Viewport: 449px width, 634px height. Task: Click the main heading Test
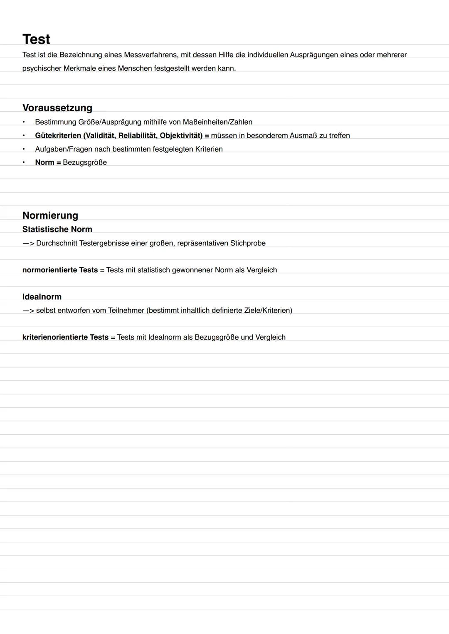36,39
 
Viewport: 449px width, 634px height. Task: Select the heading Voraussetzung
57,108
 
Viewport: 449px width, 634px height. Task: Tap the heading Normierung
50,215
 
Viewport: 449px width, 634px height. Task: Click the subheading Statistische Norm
57,229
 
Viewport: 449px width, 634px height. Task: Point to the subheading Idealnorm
42,297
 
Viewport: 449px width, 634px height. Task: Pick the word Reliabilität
137,136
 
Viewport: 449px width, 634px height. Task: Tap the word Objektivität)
181,136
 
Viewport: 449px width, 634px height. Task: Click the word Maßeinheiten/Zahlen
217,122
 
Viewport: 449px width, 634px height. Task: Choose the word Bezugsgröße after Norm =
85,162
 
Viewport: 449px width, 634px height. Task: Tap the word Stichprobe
248,243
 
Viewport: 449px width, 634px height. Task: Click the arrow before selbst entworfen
28,311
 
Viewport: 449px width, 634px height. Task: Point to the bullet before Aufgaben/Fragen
24,149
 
